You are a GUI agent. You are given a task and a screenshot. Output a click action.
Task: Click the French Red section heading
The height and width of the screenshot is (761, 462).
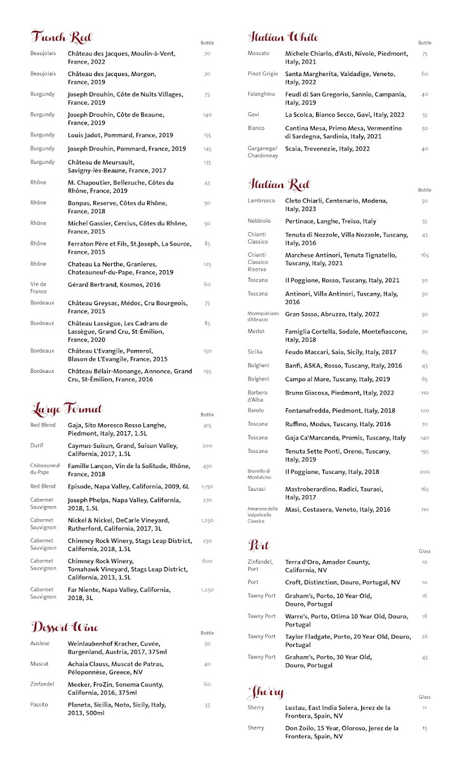coord(61,36)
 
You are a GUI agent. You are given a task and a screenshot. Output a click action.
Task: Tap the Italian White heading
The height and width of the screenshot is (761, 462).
coord(283,37)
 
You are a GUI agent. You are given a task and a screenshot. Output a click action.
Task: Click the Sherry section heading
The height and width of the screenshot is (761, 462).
coord(266,691)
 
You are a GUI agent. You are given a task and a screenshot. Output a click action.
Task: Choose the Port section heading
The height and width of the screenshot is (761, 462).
coord(259,545)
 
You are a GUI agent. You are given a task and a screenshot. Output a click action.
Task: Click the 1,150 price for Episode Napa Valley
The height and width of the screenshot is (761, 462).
coord(207,486)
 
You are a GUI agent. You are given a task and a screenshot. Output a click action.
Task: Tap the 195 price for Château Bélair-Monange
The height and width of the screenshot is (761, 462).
coord(207,372)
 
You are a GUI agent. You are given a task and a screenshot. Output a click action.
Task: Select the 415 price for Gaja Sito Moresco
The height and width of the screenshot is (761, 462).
coord(207,426)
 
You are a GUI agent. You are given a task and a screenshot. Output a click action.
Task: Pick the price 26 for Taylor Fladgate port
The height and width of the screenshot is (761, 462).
coord(425,637)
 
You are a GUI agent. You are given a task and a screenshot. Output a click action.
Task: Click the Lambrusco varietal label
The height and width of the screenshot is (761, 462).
coord(261,200)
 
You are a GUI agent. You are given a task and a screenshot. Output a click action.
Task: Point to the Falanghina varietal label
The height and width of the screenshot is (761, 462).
coord(261,94)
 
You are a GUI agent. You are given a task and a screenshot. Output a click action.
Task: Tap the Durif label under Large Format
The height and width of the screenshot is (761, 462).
coord(37,446)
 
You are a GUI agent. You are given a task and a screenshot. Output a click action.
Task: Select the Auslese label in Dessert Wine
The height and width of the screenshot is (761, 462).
coord(39,644)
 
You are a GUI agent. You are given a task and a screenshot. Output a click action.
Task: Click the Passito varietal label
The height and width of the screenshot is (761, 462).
coord(39,705)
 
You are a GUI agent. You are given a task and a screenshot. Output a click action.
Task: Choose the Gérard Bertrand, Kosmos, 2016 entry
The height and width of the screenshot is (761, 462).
coord(114,285)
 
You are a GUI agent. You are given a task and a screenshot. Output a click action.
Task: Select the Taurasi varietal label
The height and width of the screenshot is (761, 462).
coord(258,489)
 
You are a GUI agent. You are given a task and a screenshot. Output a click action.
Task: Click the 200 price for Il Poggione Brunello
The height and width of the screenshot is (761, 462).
coord(425,472)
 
